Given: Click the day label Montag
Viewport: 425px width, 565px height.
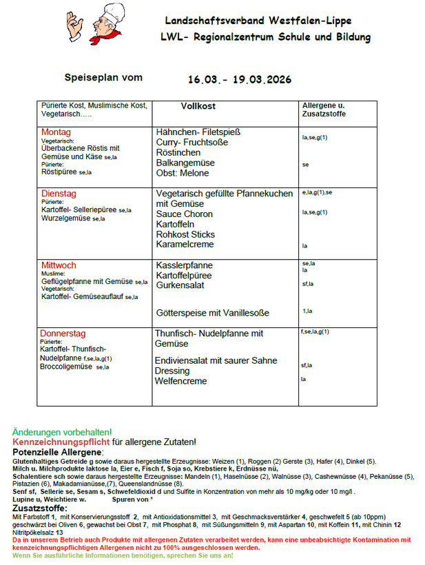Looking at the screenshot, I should pos(56,132).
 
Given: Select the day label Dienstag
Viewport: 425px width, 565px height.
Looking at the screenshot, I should pos(59,194).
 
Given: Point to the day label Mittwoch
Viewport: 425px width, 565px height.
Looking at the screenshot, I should pos(59,265).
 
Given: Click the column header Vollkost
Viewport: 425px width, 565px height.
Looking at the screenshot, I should pos(198,107).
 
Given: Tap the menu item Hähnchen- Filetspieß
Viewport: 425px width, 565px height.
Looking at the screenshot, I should pos(198,132).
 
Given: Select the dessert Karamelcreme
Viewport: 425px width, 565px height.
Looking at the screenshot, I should pos(185,245).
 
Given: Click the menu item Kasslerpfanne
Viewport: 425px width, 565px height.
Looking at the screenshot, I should pos(184,265).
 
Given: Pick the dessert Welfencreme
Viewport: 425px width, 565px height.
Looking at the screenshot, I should pos(181,381).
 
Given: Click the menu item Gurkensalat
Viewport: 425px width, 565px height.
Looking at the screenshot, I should pos(180,285).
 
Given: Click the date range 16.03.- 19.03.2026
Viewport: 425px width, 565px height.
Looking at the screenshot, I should pos(239,79).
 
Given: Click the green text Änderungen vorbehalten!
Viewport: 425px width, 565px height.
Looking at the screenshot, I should pos(62,432).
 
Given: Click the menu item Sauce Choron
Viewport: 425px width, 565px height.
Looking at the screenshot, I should pos(184,214).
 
